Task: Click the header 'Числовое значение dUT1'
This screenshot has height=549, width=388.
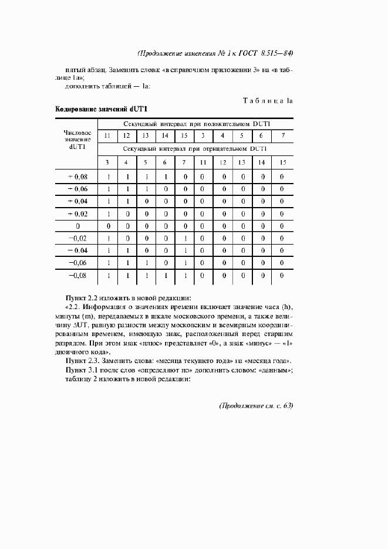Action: pos(77,140)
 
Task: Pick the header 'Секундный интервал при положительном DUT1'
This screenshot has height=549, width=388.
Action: pos(196,124)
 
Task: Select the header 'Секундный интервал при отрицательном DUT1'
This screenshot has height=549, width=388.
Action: pos(196,149)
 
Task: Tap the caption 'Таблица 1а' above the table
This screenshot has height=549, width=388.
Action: pos(268,101)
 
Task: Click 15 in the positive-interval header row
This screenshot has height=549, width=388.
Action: pos(184,136)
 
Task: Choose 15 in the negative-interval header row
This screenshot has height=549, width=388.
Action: pos(283,162)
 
